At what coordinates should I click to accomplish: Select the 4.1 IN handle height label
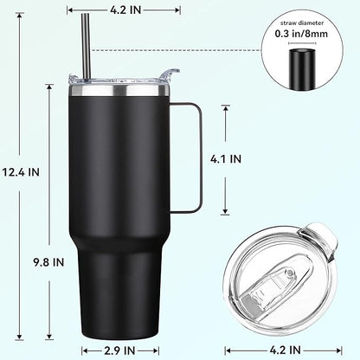(228, 159)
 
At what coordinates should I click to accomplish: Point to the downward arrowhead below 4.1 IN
(228, 211)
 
